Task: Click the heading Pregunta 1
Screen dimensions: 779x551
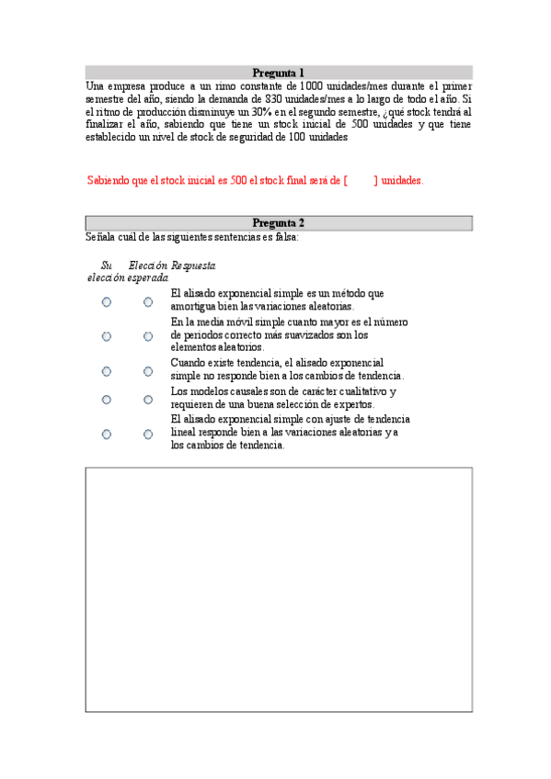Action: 279,73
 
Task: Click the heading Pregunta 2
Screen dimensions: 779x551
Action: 279,223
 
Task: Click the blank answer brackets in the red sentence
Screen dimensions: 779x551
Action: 361,181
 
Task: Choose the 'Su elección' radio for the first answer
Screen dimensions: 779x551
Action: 107,301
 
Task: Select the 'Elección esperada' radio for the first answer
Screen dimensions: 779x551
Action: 148,301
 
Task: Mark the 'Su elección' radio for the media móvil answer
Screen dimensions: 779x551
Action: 107,336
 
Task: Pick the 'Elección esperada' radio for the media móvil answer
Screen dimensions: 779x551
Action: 148,336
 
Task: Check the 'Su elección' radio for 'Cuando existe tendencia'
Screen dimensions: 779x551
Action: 107,371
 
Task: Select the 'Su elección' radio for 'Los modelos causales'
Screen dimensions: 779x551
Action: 107,400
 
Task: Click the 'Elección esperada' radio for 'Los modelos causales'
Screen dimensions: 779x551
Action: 148,400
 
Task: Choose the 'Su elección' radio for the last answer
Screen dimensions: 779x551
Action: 107,434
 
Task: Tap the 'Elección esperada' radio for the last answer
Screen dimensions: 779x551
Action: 148,434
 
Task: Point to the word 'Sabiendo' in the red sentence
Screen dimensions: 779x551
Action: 109,181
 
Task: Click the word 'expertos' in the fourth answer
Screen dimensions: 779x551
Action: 351,405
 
